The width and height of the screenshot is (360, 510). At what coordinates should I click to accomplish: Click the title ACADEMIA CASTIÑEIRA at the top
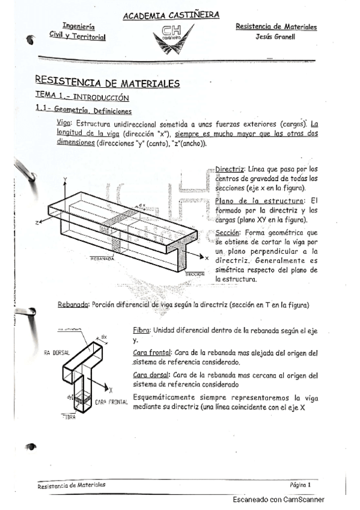[171, 15]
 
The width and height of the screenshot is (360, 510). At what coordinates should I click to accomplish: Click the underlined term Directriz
[228, 170]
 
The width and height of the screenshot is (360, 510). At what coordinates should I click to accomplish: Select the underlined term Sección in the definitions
[227, 232]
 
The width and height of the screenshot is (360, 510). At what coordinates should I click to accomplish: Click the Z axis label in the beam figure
[37, 222]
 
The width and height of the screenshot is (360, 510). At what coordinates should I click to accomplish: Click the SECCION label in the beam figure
[196, 273]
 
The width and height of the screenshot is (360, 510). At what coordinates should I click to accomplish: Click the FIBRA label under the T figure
[67, 417]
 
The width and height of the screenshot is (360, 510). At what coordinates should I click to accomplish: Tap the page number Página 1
[300, 484]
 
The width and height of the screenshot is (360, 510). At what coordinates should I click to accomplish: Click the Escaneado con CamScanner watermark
[278, 500]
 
